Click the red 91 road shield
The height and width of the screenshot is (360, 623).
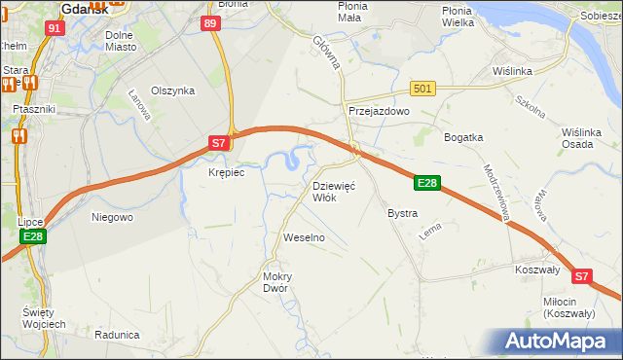tap(55, 27)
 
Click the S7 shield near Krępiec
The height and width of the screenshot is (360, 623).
tap(221, 143)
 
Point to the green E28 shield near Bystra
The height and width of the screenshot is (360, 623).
tap(429, 182)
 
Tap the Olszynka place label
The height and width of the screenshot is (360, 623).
tap(173, 90)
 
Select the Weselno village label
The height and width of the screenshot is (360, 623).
tap(303, 237)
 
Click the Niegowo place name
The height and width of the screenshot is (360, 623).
tap(111, 217)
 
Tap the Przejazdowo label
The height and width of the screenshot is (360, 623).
tap(379, 112)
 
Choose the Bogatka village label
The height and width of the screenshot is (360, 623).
tap(463, 137)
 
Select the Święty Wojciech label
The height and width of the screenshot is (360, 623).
tap(44, 317)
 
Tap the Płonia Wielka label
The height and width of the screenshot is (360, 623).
tap(470, 16)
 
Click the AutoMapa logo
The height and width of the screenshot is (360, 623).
tap(560, 342)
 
